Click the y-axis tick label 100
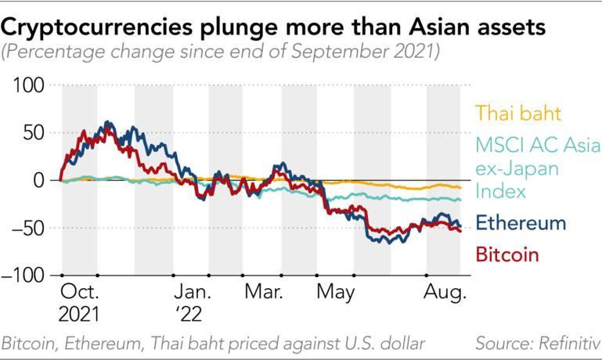(x=29, y=85)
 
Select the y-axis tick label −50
(x=27, y=228)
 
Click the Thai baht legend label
(x=517, y=113)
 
